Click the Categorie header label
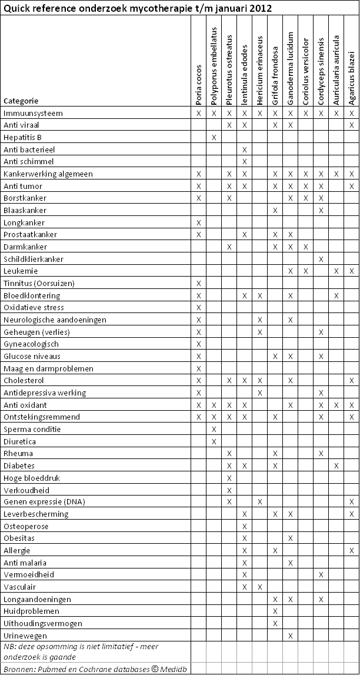pos(21,101)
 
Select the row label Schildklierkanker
pos(34,259)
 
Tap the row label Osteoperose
pos(26,526)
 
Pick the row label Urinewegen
pos(24,636)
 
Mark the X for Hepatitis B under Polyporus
pos(214,137)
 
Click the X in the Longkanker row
pos(199,222)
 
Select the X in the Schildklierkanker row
pos(321,259)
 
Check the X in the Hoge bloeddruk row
pos(229,478)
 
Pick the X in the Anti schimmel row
pos(245,161)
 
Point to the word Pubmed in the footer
pos(48,669)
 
